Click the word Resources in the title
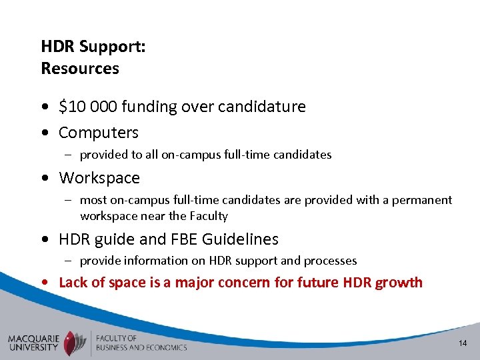(80, 68)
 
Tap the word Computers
(99, 133)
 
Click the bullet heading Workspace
(99, 178)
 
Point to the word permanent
(424, 200)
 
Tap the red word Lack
(73, 282)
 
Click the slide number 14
(462, 343)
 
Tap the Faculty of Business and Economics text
(141, 343)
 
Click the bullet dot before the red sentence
(44, 283)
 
